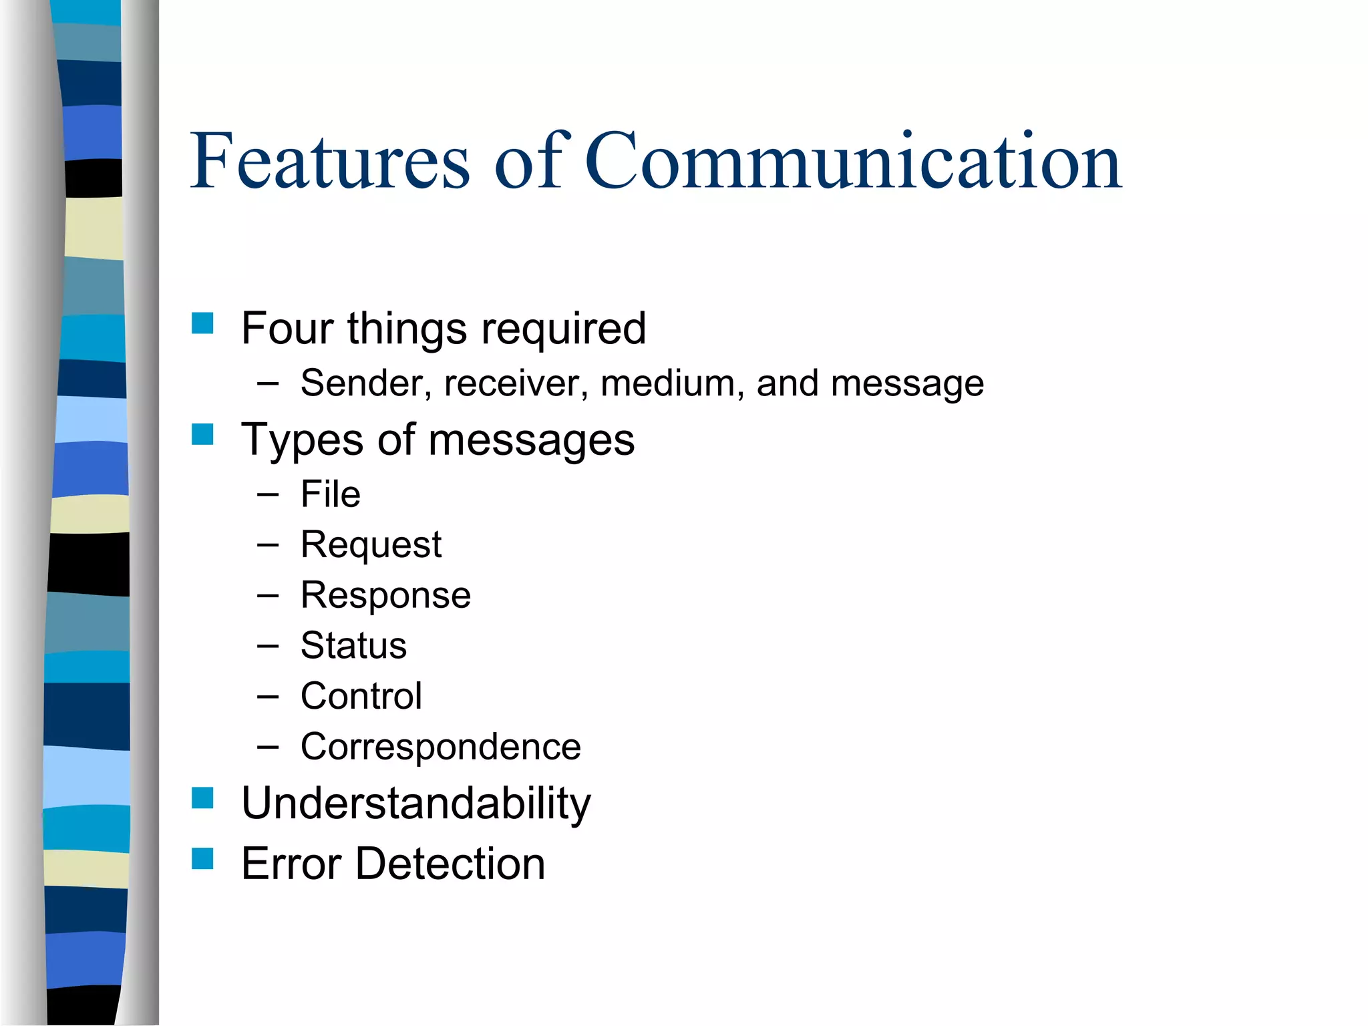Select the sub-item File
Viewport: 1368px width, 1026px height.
[x=330, y=494]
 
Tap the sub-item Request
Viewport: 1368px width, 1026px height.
[x=371, y=545]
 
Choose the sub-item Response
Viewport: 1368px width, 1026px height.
[x=385, y=595]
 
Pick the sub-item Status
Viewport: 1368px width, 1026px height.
[x=353, y=646]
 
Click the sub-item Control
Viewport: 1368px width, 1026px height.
[x=361, y=696]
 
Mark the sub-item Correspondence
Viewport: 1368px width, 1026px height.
[x=440, y=747]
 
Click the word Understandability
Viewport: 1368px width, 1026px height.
[x=415, y=804]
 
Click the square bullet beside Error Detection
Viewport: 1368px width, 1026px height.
[x=202, y=858]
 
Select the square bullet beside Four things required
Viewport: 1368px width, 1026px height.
[x=202, y=323]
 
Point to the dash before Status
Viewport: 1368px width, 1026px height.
[x=267, y=646]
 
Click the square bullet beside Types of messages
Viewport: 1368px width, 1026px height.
[x=202, y=434]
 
